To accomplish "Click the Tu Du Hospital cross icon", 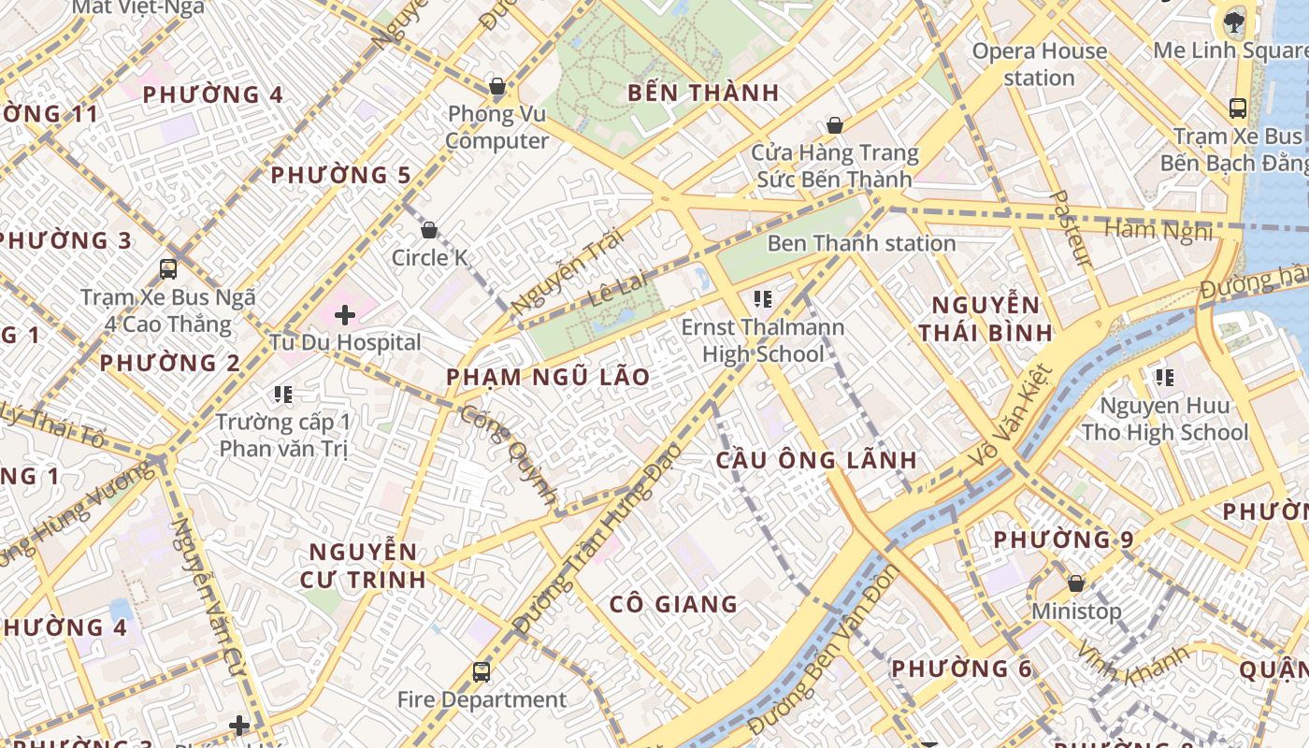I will (x=345, y=315).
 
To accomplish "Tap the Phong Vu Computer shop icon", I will (x=497, y=88).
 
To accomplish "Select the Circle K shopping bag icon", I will (x=429, y=230).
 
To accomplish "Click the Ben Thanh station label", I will (x=861, y=244).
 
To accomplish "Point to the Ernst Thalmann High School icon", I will (x=762, y=299).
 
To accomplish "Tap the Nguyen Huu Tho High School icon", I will (x=1164, y=378).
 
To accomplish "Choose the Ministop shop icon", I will (x=1076, y=583).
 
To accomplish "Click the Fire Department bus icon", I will (x=482, y=671).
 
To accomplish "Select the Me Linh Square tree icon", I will (x=1234, y=22).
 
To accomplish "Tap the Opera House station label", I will (x=1040, y=65).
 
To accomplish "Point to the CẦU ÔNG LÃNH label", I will (x=817, y=461).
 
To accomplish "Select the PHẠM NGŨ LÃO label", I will (x=548, y=378).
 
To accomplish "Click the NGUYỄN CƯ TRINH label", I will (x=363, y=566).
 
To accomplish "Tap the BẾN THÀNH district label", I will (x=703, y=93).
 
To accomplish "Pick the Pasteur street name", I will (x=1072, y=228).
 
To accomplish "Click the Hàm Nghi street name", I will (x=1158, y=230).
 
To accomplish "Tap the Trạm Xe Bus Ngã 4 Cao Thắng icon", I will (x=168, y=269).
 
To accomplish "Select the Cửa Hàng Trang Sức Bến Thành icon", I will (x=835, y=125).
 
